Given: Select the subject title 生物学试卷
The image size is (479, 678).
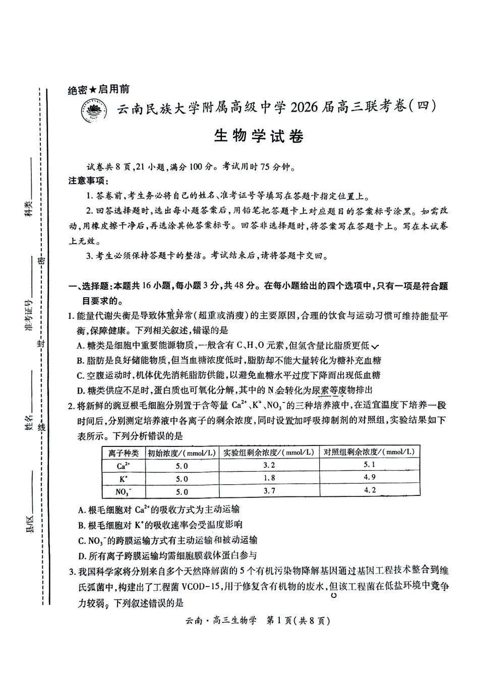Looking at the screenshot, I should (259, 136).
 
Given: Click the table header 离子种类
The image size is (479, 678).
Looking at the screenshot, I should (124, 453).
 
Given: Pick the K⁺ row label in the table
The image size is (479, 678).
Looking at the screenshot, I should (123, 479).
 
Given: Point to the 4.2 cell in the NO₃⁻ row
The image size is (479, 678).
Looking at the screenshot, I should (370, 490).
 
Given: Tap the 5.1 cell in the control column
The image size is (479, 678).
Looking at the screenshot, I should (370, 465).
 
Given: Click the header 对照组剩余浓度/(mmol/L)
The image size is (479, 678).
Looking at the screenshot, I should (370, 452).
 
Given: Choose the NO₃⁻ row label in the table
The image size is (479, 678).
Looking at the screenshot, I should (123, 491).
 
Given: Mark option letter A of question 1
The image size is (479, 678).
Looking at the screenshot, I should (80, 346).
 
